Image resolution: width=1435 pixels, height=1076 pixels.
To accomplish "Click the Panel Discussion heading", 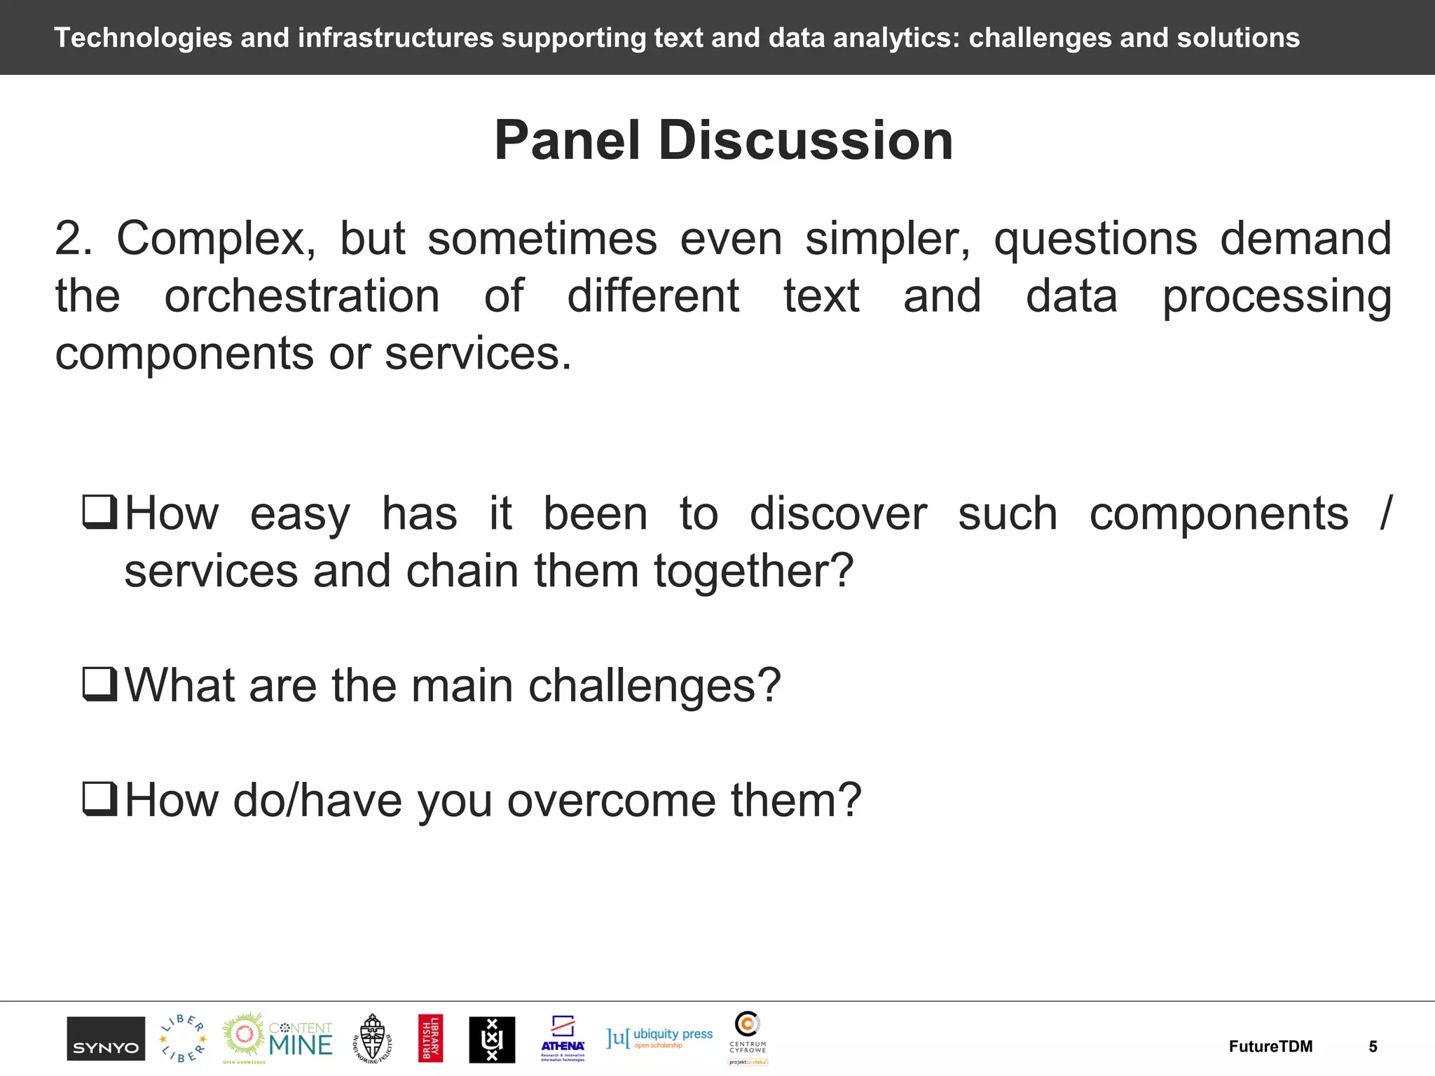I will pyautogui.click(x=723, y=140).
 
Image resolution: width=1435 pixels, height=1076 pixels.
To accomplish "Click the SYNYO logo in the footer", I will pyautogui.click(x=106, y=1039).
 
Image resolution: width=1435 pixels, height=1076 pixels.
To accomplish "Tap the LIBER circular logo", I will pyautogui.click(x=182, y=1038).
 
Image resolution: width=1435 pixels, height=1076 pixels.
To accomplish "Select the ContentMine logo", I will pyautogui.click(x=278, y=1038).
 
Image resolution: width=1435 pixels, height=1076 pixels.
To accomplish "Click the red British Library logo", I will pyautogui.click(x=430, y=1038).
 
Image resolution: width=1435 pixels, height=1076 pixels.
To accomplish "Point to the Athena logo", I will pyautogui.click(x=563, y=1038).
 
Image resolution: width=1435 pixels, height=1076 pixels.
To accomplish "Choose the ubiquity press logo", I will pyautogui.click(x=659, y=1037).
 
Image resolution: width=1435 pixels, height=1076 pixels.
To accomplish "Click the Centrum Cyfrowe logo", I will pyautogui.click(x=748, y=1037).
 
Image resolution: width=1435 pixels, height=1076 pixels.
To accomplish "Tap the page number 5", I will pyautogui.click(x=1373, y=1047).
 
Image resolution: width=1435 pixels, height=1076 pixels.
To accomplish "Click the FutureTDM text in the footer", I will pyautogui.click(x=1270, y=1047).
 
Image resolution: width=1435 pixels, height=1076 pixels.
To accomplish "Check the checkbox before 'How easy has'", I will pyautogui.click(x=99, y=512).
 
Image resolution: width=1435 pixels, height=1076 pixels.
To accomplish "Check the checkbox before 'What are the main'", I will pyautogui.click(x=99, y=684).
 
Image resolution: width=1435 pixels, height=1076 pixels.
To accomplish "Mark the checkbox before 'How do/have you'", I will pyautogui.click(x=99, y=799).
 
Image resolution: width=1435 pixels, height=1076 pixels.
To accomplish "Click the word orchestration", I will pyautogui.click(x=302, y=296).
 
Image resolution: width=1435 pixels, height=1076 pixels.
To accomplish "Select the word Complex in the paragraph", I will pyautogui.click(x=216, y=239).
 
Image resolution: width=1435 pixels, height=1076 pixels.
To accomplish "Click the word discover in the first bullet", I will pyautogui.click(x=838, y=513).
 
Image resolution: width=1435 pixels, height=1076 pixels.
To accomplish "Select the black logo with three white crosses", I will pyautogui.click(x=492, y=1040).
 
